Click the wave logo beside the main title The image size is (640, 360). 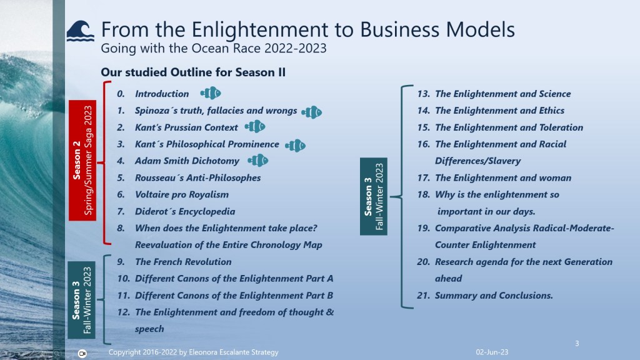81,31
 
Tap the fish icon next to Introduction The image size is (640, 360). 211,94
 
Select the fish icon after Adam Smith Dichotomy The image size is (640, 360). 258,161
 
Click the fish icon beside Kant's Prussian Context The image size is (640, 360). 255,127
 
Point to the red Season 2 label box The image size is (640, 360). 82,161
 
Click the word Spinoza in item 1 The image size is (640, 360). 152,111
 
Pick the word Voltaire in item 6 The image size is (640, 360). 152,195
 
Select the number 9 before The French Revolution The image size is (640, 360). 121,262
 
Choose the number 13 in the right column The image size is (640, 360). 423,94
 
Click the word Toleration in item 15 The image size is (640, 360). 561,127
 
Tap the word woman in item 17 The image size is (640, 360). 555,178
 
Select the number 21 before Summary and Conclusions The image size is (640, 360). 423,296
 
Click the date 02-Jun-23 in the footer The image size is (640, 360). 492,352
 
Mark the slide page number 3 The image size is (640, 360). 577,344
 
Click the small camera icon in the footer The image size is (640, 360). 82,354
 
